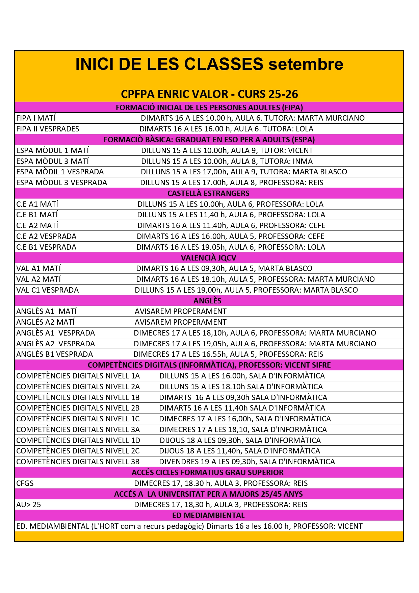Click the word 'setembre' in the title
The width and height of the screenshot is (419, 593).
pos(306,64)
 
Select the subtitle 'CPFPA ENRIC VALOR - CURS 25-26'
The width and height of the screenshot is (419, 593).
pos(209,94)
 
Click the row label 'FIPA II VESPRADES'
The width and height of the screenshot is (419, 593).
pos(48,129)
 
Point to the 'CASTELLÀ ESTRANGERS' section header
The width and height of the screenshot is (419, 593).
pos(208,193)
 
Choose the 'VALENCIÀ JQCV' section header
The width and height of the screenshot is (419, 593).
pos(208,258)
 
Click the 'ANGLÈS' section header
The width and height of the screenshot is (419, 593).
pos(207,301)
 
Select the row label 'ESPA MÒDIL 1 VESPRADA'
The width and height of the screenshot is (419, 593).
pos(60,172)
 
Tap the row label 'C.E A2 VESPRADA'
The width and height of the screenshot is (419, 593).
pos(46,236)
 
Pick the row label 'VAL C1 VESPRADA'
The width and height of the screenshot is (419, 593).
pos(48,290)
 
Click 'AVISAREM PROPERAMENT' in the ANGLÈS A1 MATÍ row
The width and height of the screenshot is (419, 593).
pos(181,311)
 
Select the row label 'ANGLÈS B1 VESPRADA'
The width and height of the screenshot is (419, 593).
pos(55,354)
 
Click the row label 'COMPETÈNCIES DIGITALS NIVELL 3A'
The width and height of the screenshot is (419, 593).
pos(78,429)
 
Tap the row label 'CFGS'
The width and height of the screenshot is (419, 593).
pos(25,483)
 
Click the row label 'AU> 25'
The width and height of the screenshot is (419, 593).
pos(29,504)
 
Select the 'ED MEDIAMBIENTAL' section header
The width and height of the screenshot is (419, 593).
pos(208,515)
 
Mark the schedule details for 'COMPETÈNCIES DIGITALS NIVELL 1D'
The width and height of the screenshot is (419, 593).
pos(240,440)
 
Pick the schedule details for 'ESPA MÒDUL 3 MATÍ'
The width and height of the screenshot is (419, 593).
pos(227,161)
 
